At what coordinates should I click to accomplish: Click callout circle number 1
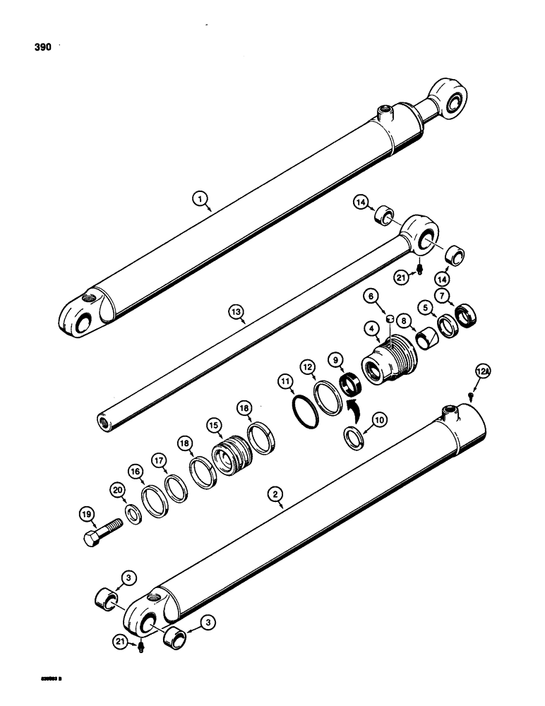tap(203, 201)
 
